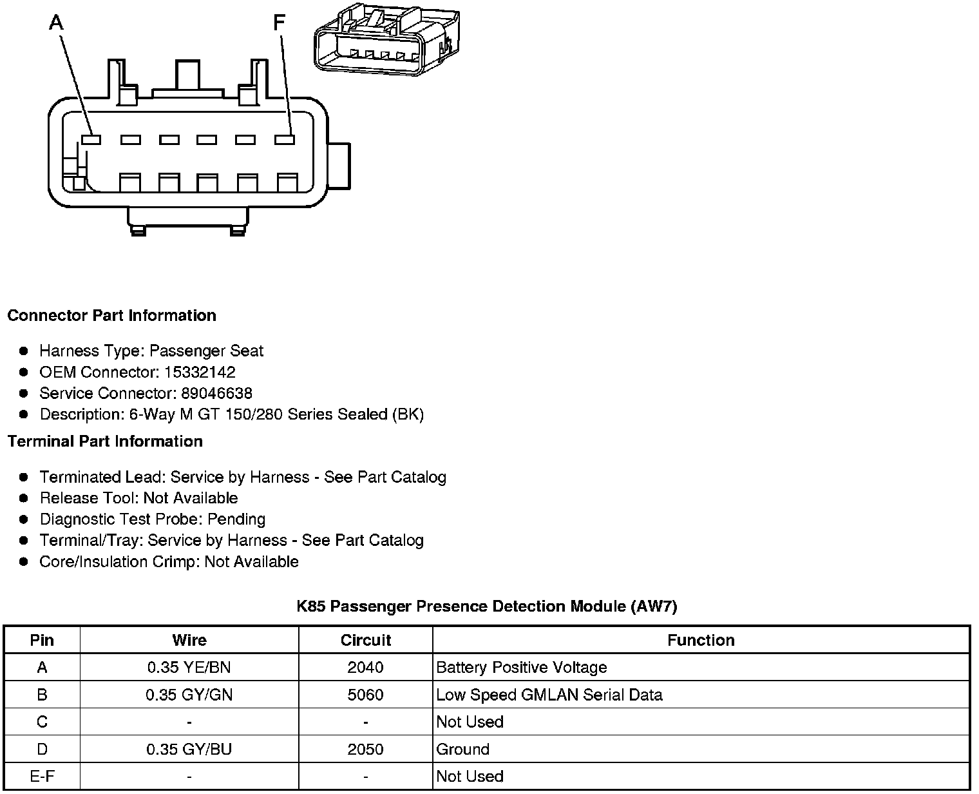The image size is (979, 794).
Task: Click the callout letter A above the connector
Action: [x=57, y=23]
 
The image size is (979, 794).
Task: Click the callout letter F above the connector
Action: [x=279, y=23]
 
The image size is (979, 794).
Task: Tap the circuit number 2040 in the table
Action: [x=365, y=668]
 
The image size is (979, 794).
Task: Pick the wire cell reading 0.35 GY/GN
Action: [x=189, y=695]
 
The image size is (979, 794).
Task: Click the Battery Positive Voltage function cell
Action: [x=521, y=668]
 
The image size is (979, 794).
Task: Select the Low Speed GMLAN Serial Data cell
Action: [x=549, y=695]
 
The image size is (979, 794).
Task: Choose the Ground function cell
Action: [x=462, y=750]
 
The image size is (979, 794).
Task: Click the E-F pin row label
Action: [x=42, y=777]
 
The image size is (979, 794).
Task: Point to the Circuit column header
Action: [x=365, y=640]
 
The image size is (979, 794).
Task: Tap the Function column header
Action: [x=701, y=640]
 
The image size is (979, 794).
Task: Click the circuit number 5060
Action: [x=365, y=695]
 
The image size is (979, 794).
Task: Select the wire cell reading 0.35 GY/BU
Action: [x=189, y=750]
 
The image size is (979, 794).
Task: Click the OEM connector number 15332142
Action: [x=200, y=373]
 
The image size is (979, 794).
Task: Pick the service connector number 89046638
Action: [x=216, y=394]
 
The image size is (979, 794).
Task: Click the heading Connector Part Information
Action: [x=111, y=316]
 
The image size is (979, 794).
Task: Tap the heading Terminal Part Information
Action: [x=105, y=441]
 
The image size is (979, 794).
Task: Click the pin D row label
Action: [x=42, y=750]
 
